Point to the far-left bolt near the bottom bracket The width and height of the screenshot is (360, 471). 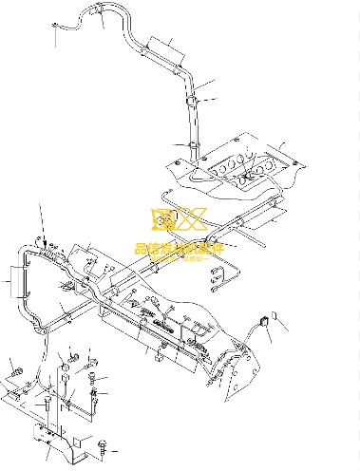[x=14, y=366]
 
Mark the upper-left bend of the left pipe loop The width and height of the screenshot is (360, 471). [x=25, y=252]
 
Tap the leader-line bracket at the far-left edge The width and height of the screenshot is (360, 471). [x=11, y=280]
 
